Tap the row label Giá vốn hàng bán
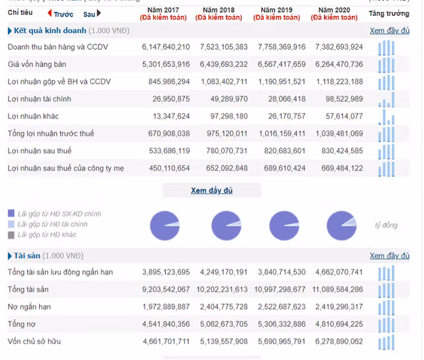coord(36,64)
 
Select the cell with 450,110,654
coord(166,168)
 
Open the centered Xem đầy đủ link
coord(211,191)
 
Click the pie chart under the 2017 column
coord(165,225)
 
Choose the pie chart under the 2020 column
coord(341,225)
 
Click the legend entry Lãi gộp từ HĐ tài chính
coord(53,224)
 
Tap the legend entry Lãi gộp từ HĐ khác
coord(47,234)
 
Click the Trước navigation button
coord(61,14)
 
